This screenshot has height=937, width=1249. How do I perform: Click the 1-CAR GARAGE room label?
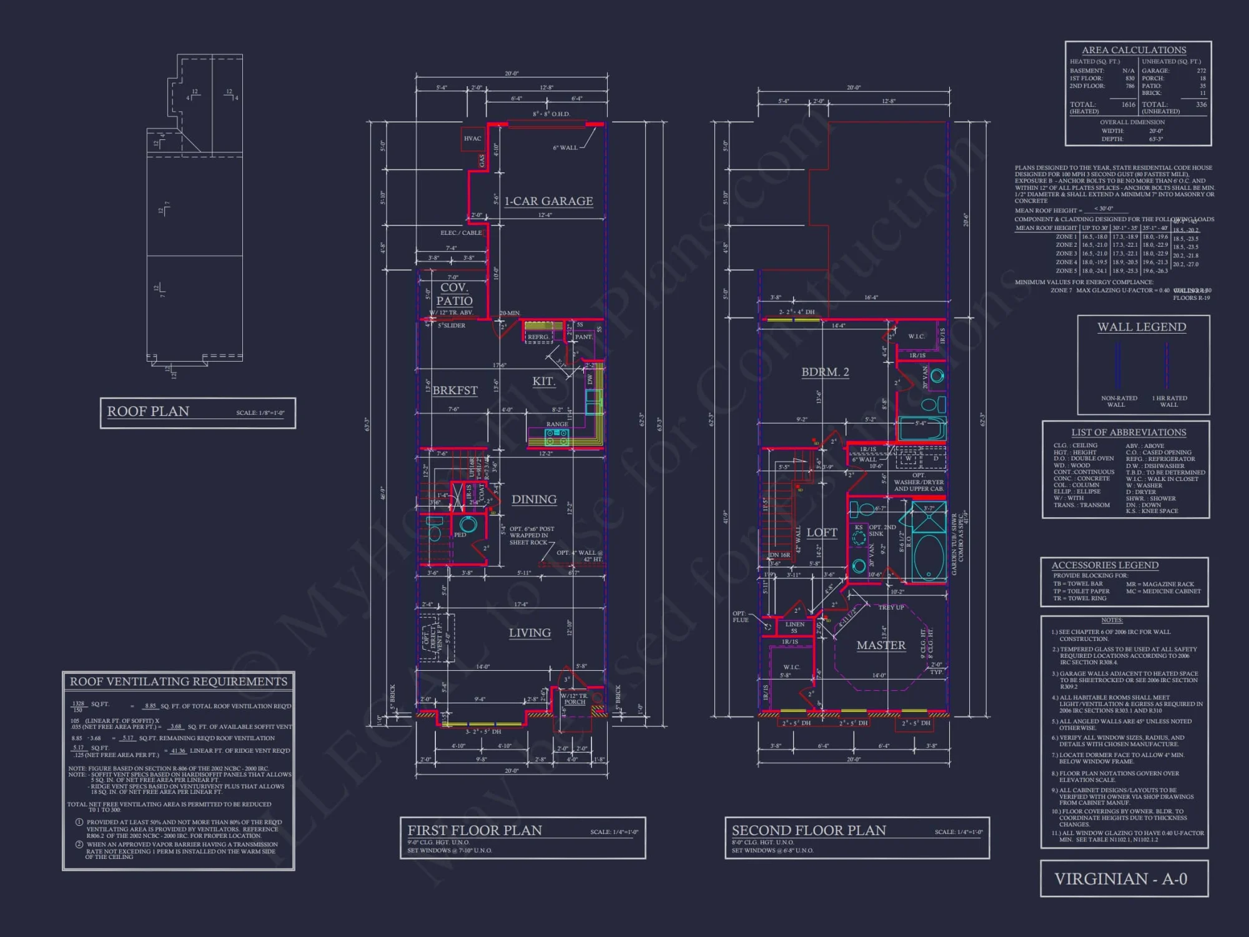pos(548,201)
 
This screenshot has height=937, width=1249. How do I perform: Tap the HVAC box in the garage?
pos(472,139)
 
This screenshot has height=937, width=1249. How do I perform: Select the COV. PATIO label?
pos(454,294)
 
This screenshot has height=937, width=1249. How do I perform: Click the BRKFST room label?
pos(455,390)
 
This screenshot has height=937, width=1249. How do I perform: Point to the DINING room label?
pos(534,500)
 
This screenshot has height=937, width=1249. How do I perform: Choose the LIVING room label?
pos(530,633)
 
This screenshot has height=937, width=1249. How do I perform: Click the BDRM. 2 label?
pos(825,372)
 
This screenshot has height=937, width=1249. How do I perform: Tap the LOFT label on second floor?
pos(822,533)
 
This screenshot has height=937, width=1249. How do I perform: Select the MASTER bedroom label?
pos(881,645)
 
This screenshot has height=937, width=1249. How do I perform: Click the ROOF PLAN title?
pos(148,412)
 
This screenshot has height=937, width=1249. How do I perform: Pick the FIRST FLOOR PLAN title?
pos(475,830)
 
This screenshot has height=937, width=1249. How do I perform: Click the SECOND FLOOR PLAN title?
pos(809,830)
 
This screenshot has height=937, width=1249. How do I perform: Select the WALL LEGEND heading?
pos(1142,327)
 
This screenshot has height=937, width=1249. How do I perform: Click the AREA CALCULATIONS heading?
pos(1133,50)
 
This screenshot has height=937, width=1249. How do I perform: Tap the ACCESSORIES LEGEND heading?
pos(1105,565)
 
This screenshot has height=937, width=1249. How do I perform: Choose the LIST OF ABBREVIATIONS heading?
pos(1128,432)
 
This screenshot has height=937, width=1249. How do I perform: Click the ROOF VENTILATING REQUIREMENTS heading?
pos(179,682)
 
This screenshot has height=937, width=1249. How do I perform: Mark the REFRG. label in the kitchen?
pos(538,337)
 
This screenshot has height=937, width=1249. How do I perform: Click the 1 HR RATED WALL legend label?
pos(1169,401)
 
